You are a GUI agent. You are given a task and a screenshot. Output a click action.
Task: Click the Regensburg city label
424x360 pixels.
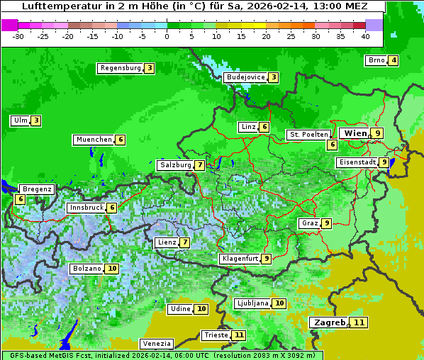tap(121, 68)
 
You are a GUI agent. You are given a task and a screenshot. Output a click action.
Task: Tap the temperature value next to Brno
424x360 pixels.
tap(393, 60)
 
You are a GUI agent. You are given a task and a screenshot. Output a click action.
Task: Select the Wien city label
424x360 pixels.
tap(355, 133)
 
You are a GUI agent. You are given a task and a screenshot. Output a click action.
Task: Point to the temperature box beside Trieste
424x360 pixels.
tap(239, 335)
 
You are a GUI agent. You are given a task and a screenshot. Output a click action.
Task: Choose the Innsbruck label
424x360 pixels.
tap(86, 208)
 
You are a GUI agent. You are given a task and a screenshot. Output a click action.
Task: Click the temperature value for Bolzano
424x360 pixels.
tap(112, 269)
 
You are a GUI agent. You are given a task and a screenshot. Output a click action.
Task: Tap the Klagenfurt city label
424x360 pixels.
tap(239, 259)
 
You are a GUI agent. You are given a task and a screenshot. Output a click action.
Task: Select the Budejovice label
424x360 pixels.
tap(245, 77)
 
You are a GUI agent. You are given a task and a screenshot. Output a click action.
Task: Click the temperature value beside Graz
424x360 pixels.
tap(326, 223)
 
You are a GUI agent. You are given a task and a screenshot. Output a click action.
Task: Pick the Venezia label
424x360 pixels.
tap(156, 343)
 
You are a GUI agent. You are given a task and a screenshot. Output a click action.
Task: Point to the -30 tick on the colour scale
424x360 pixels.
tap(18, 35)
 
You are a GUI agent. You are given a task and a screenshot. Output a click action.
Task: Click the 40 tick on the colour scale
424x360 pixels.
tap(365, 35)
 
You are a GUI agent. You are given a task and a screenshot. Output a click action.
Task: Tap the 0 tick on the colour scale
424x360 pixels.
tap(167, 35)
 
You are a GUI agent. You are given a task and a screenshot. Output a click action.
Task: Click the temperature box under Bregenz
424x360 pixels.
tap(20, 199)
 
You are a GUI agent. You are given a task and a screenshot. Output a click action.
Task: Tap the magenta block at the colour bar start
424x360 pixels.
tap(9, 24)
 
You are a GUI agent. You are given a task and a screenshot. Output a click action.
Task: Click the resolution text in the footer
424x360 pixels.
tap(269, 355)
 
